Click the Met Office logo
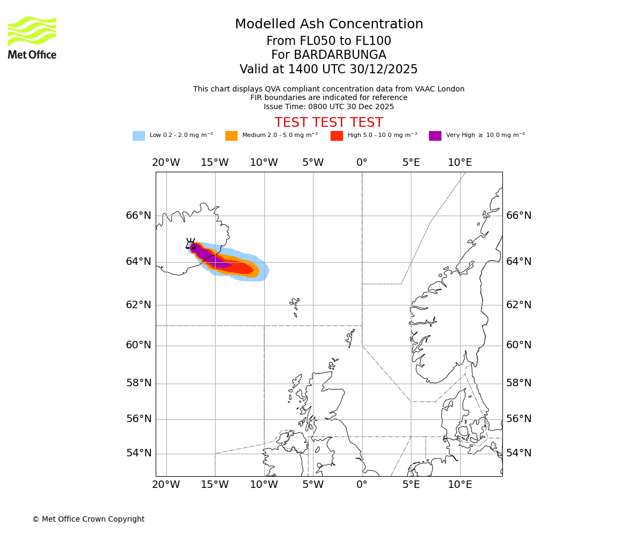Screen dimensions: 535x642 pyautogui.click(x=32, y=37)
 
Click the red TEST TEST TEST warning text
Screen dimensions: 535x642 pyautogui.click(x=328, y=123)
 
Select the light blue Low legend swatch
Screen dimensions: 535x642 pyautogui.click(x=139, y=135)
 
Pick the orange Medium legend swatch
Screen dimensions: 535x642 pyautogui.click(x=231, y=135)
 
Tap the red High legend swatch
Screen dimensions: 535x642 pyautogui.click(x=337, y=135)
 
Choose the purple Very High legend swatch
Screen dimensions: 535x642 pyautogui.click(x=435, y=135)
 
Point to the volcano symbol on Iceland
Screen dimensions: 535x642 pyautogui.click(x=190, y=243)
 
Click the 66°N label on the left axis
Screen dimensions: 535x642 pyautogui.click(x=139, y=216)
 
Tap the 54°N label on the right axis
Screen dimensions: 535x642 pyautogui.click(x=518, y=453)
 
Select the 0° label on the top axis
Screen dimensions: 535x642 pyautogui.click(x=362, y=163)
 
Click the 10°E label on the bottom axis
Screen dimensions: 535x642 pyautogui.click(x=460, y=485)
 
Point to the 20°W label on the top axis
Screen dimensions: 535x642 pyautogui.click(x=166, y=163)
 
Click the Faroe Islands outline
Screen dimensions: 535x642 pyautogui.click(x=295, y=306)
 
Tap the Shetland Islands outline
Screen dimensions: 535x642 pyautogui.click(x=350, y=338)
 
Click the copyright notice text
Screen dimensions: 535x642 pyautogui.click(x=88, y=519)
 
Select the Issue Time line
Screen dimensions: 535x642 pyautogui.click(x=328, y=106)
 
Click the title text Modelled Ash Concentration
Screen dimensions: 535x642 pyautogui.click(x=328, y=24)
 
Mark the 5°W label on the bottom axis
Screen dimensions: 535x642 pyautogui.click(x=312, y=485)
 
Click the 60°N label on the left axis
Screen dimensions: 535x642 pyautogui.click(x=139, y=345)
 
